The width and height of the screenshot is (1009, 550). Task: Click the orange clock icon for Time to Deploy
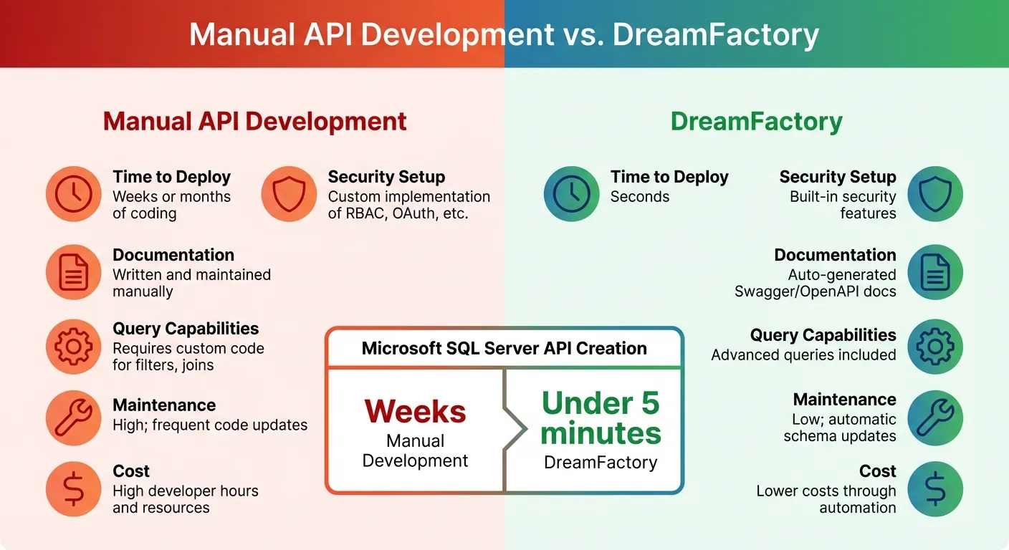(74, 194)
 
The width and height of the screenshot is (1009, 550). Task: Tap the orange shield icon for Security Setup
(289, 194)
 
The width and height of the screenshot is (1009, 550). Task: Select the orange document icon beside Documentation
(74, 272)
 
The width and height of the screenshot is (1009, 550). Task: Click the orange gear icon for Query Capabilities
(74, 347)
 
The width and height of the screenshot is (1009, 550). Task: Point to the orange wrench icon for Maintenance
(74, 418)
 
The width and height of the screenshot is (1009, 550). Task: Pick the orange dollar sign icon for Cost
(74, 489)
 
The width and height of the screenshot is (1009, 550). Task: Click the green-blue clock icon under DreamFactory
(571, 194)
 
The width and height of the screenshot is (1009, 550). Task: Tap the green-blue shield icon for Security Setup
(935, 194)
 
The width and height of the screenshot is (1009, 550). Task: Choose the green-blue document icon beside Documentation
(935, 272)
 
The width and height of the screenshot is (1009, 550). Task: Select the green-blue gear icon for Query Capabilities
(935, 347)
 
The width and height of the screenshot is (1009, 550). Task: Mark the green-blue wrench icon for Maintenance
(935, 418)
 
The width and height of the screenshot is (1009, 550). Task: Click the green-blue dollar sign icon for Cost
(935, 489)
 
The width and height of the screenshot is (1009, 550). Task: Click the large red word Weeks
(415, 412)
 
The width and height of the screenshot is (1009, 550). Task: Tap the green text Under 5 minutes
(601, 418)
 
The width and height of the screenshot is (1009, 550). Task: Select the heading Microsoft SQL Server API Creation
(504, 349)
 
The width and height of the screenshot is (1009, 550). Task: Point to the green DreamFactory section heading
(756, 121)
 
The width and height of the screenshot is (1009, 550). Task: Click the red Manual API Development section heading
(254, 121)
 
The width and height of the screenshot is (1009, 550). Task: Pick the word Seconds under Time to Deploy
(639, 197)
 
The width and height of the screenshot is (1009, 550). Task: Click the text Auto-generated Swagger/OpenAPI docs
(815, 283)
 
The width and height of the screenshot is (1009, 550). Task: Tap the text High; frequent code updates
(210, 425)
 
